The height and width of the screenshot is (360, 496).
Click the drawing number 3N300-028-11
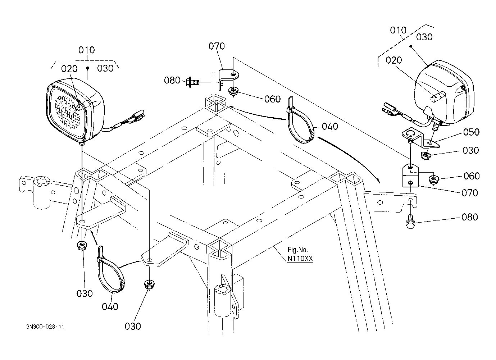[45, 327]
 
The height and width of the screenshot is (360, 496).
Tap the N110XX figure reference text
[300, 258]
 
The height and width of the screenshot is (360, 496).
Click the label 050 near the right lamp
[471, 132]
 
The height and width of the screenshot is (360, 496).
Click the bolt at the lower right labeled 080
[410, 222]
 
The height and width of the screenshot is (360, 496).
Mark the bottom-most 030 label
[133, 326]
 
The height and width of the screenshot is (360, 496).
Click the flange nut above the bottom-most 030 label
[149, 284]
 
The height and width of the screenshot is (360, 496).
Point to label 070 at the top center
[217, 46]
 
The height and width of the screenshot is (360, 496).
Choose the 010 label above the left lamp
[87, 50]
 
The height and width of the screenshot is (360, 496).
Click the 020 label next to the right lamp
[394, 60]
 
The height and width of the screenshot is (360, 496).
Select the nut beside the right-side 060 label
[434, 179]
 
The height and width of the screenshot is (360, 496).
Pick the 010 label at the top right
[398, 30]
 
